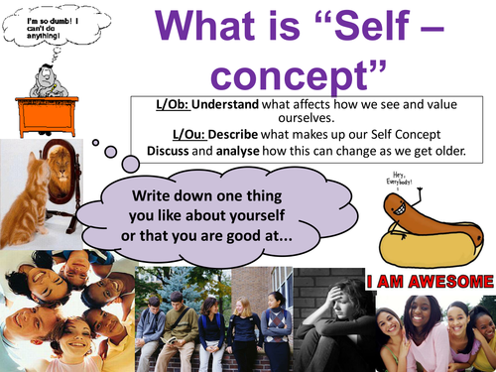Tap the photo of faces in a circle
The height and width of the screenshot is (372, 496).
click(x=63, y=310)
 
